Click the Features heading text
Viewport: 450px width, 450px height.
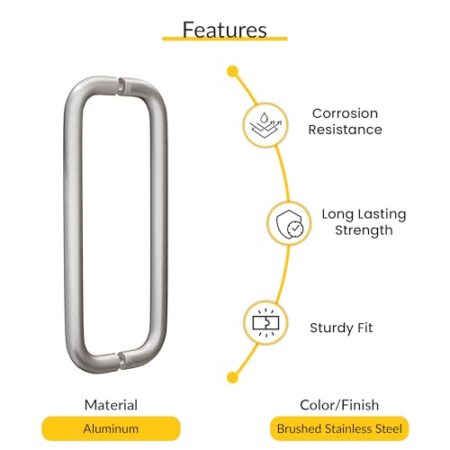coord(225,30)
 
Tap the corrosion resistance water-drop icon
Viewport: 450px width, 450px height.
coord(265,125)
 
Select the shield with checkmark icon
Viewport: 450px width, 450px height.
coord(290,224)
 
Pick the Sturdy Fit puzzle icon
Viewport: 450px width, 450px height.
coord(265,323)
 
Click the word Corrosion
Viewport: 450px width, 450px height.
coord(345,113)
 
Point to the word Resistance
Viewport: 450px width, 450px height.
coord(345,130)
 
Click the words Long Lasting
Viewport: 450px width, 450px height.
coord(364,214)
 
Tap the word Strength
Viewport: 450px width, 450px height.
coord(364,230)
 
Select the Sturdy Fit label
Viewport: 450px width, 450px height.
coord(341,328)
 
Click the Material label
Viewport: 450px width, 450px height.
coord(111,405)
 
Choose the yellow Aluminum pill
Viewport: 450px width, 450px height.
coord(111,428)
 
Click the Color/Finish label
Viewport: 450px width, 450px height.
coord(339,405)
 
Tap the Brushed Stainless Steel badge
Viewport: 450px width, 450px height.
coord(339,428)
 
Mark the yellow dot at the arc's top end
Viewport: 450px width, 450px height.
coord(233,72)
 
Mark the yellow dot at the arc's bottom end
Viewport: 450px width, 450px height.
coord(233,377)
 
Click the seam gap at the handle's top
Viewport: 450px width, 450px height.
coord(119,85)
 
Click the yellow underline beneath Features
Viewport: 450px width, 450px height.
coord(225,39)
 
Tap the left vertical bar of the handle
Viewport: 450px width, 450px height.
coord(73,225)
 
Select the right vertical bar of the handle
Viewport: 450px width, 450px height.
coord(158,225)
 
